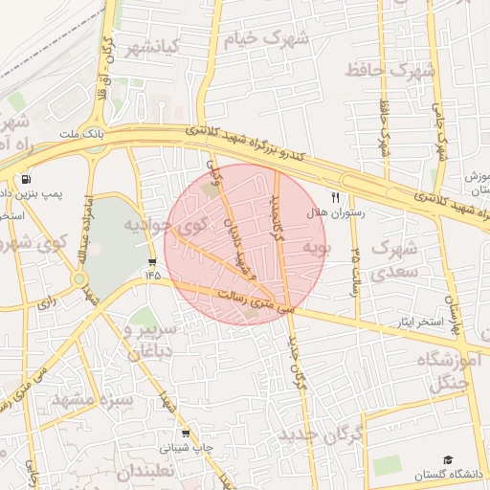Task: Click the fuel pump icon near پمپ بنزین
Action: coord(24,178)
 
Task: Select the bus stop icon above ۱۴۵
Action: coord(152,261)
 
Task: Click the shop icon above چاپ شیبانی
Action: coord(186,433)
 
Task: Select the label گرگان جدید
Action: coord(320,436)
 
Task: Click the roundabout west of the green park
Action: coord(78,280)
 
